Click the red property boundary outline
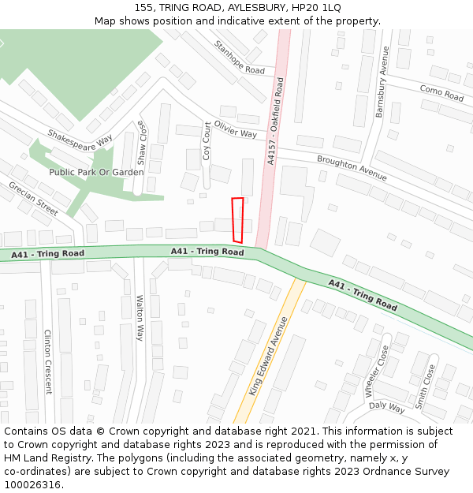coord(237,220)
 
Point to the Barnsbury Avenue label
coord(382,83)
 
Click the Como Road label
coord(441,93)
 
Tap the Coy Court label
coord(207,141)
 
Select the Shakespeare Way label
coord(80,139)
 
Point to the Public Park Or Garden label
coord(96,172)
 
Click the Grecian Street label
coord(33,198)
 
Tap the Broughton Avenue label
coord(352,168)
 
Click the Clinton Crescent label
coord(47,361)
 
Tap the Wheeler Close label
coord(375,371)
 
